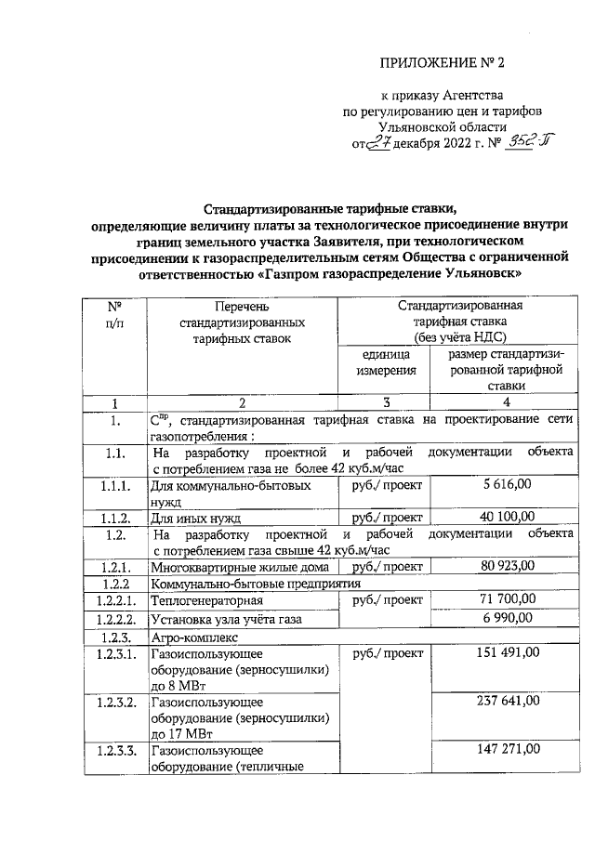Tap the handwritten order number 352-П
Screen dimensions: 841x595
pyautogui.click(x=520, y=144)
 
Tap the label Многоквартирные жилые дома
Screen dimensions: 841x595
pyautogui.click(x=238, y=566)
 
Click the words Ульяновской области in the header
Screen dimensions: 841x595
pyautogui.click(x=443, y=126)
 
